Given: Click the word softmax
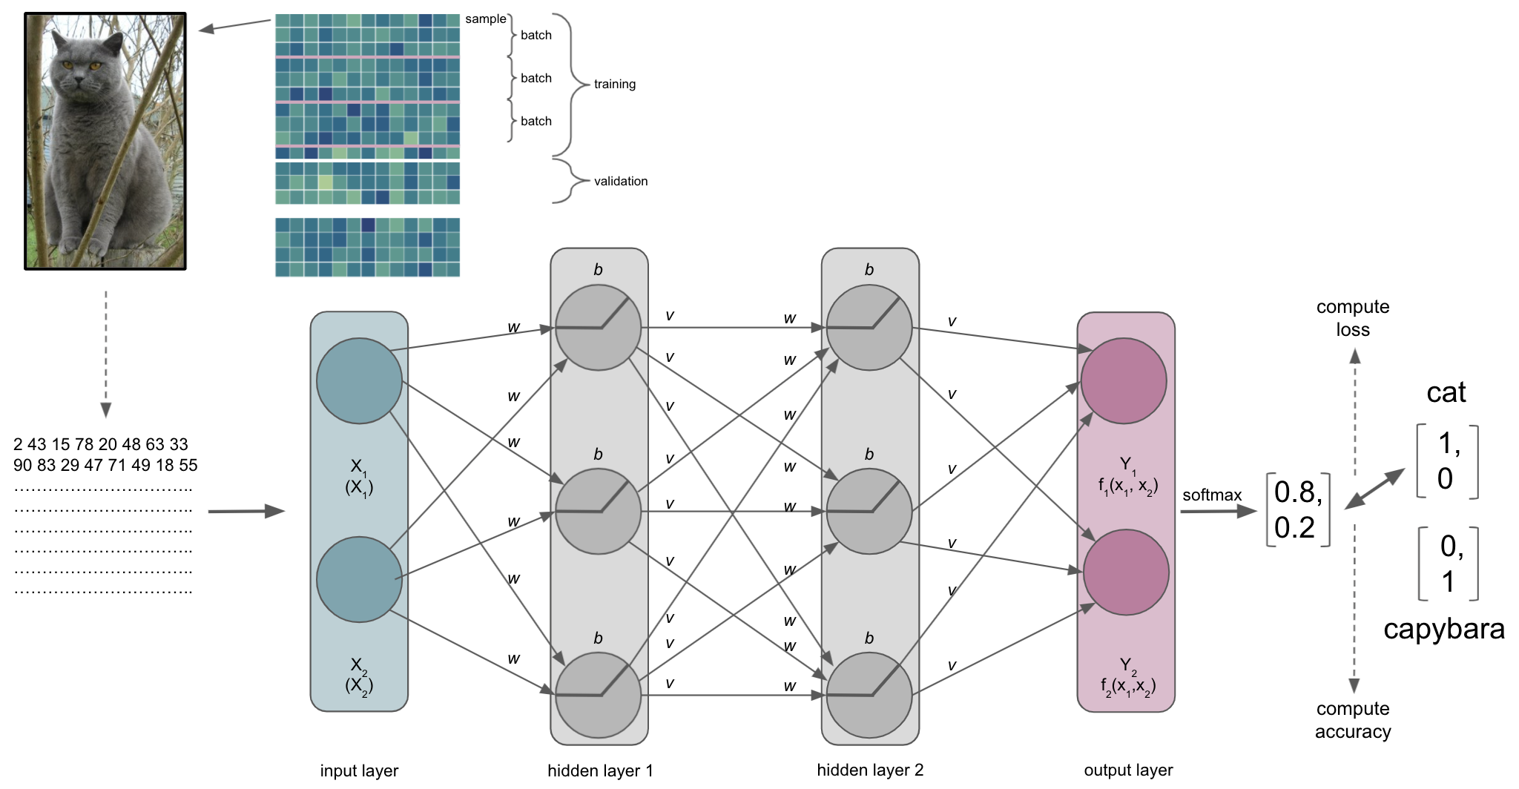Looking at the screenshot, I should point(1211,495).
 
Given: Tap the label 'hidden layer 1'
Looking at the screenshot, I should point(600,770).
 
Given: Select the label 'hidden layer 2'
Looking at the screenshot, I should point(870,770).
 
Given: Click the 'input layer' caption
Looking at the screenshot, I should point(359,771).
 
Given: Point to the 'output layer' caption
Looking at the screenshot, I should point(1128,770).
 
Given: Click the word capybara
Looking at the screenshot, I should point(1443,629).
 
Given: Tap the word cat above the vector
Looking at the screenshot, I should point(1446,392).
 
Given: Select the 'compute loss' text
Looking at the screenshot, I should point(1353,318).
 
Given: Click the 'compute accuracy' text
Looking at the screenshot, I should point(1353,720).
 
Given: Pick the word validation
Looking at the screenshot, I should point(620,181).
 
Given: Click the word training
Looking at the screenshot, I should point(614,85).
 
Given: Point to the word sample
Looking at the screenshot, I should point(485,19).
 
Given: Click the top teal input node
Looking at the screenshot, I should point(359,380).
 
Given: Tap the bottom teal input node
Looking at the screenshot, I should point(359,579).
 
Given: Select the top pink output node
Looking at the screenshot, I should point(1124,380).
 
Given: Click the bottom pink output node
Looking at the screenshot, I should point(1126,572).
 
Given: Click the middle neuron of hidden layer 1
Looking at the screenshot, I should point(598,511).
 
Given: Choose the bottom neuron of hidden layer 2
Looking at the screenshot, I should point(869,695).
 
